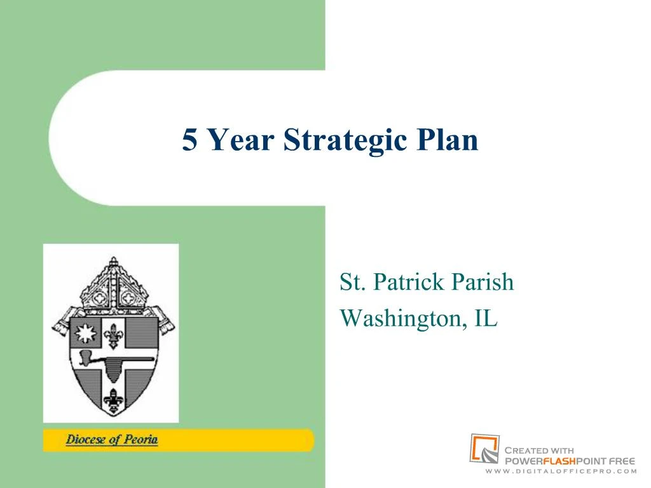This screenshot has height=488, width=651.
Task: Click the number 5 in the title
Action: tap(189, 139)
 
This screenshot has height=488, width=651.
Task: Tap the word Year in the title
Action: tap(240, 139)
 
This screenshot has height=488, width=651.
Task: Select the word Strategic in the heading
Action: tap(345, 140)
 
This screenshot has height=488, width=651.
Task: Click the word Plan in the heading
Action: tap(448, 139)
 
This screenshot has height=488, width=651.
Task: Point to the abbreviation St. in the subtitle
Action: tap(352, 281)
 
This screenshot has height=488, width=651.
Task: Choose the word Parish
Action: tap(483, 281)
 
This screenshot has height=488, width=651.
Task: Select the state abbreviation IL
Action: tap(486, 318)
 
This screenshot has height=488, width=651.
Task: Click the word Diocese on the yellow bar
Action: tap(86, 440)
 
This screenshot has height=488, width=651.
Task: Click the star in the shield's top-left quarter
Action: tap(85, 333)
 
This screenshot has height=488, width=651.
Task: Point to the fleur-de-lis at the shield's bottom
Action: tap(113, 400)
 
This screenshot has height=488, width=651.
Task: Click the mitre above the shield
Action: tap(113, 287)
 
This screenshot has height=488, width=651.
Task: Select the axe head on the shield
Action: tap(86, 358)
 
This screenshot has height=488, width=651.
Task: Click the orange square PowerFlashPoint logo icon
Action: tap(484, 449)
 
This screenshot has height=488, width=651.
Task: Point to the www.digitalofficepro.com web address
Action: tap(561, 471)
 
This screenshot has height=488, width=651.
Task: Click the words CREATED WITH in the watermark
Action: tap(539, 451)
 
